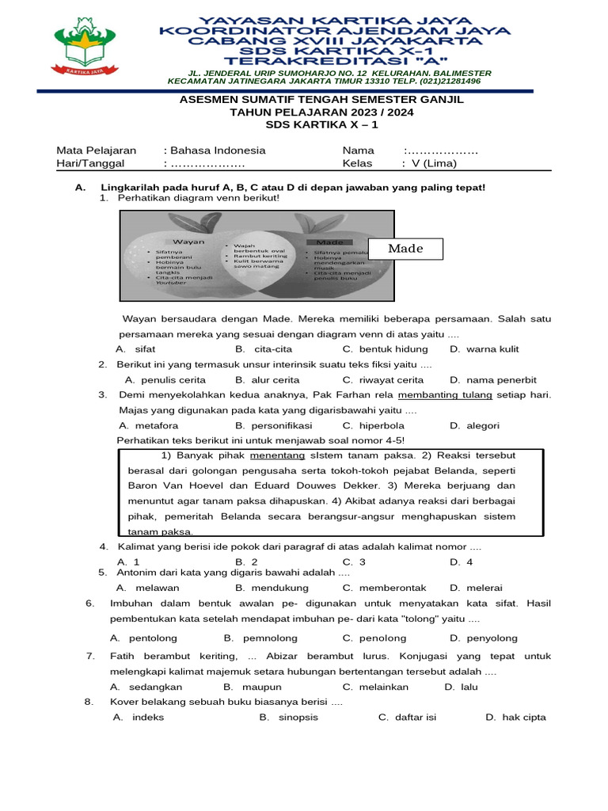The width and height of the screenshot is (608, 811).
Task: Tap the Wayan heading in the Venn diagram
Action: click(189, 241)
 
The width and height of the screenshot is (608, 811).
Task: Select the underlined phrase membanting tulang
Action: click(445, 395)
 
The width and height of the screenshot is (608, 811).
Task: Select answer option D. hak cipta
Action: click(515, 717)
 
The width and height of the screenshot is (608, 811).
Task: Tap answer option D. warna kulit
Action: click(484, 348)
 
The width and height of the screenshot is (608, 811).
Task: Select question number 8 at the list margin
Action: click(89, 702)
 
